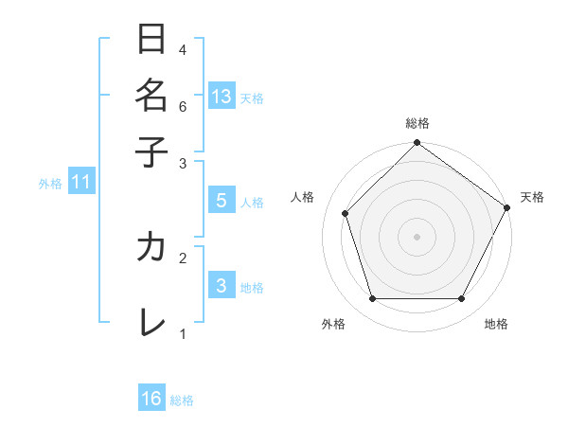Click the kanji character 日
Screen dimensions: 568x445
point(151,40)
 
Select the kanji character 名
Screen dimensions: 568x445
point(151,95)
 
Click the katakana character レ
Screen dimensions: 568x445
point(151,323)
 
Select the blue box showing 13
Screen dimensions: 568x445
point(222,97)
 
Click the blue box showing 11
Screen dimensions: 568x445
point(80,183)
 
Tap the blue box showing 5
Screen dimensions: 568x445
point(222,201)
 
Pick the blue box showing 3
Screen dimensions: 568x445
point(222,287)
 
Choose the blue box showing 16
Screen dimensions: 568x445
point(151,399)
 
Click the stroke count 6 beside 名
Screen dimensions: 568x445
point(183,106)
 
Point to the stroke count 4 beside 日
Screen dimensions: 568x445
point(183,49)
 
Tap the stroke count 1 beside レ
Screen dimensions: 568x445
point(183,333)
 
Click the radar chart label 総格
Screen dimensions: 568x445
point(417,124)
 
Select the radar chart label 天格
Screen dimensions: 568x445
point(532,197)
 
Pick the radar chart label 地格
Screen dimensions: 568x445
point(496,324)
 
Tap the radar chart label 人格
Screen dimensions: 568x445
point(303,197)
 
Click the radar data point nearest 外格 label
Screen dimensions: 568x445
point(372,299)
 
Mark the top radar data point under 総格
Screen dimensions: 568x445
point(417,144)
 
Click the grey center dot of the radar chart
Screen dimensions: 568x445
point(417,237)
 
